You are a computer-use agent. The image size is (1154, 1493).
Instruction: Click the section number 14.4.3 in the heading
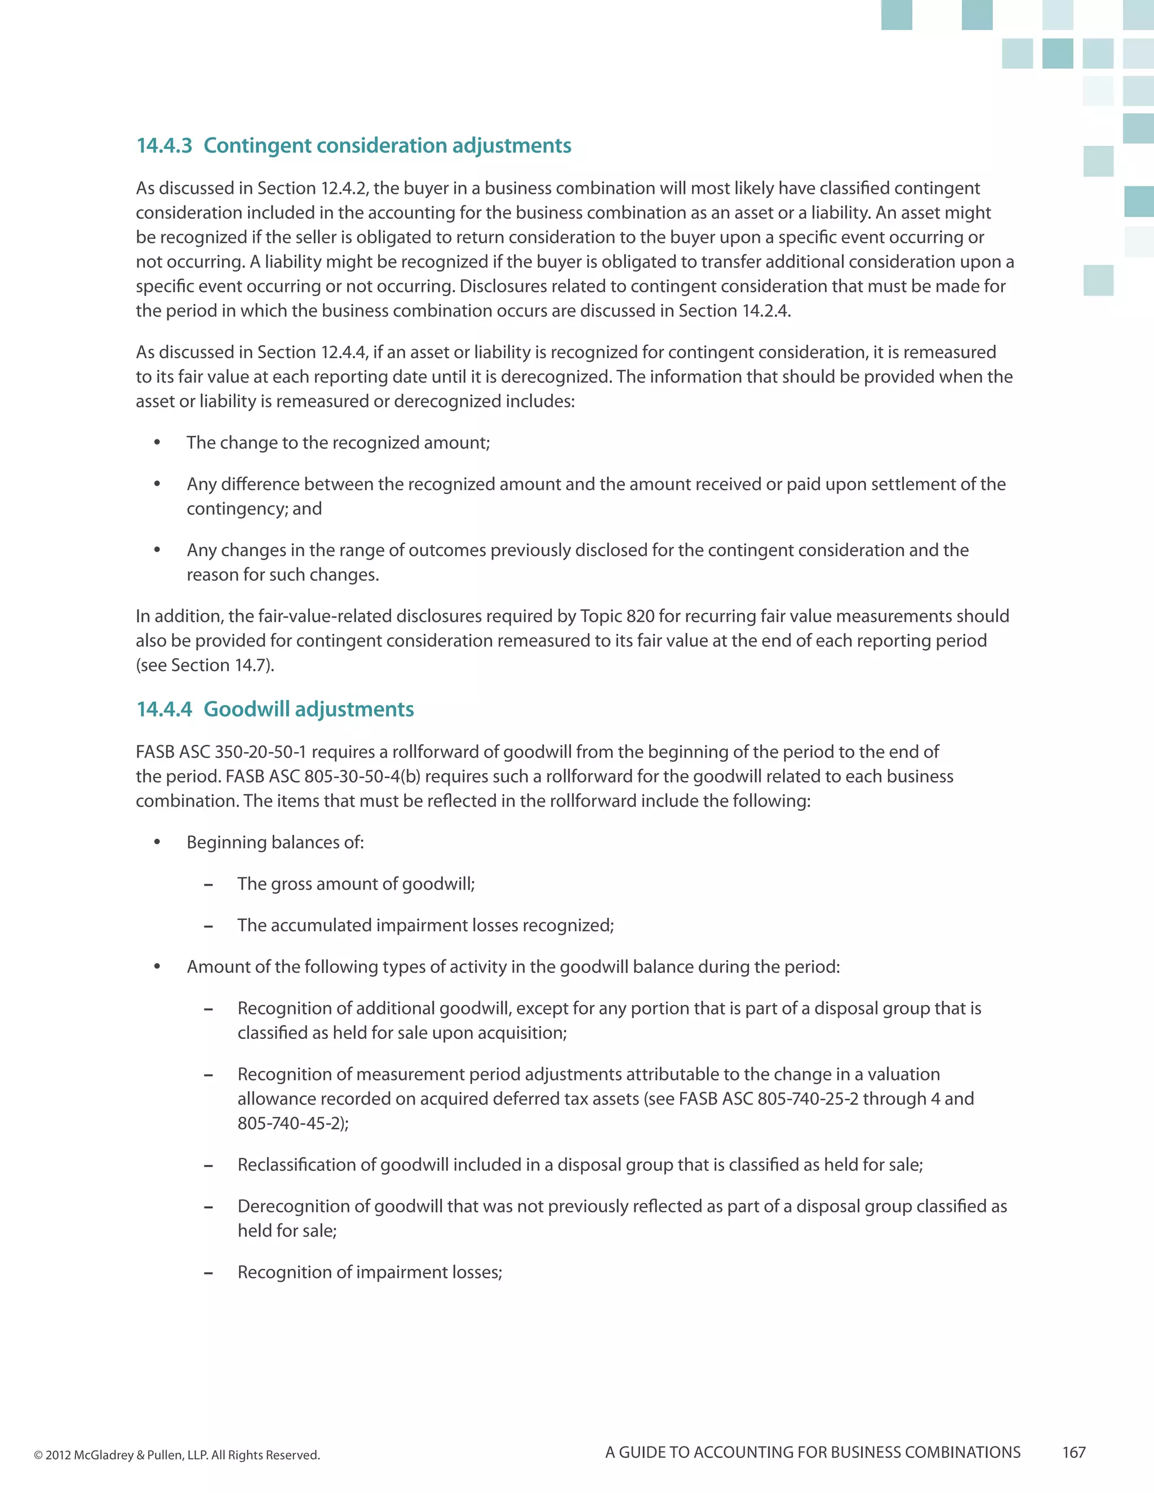[164, 145]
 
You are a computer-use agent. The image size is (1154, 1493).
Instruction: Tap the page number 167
[1073, 1452]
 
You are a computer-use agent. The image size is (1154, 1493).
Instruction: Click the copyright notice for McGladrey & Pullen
[177, 1455]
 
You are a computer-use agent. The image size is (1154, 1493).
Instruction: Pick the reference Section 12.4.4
[311, 352]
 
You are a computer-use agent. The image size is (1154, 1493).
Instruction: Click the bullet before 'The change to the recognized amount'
[157, 443]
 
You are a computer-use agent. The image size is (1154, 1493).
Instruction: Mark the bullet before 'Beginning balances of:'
[157, 842]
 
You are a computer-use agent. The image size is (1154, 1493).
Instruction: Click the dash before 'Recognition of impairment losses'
[208, 1273]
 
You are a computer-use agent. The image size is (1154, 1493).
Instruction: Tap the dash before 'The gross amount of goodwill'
[208, 885]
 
